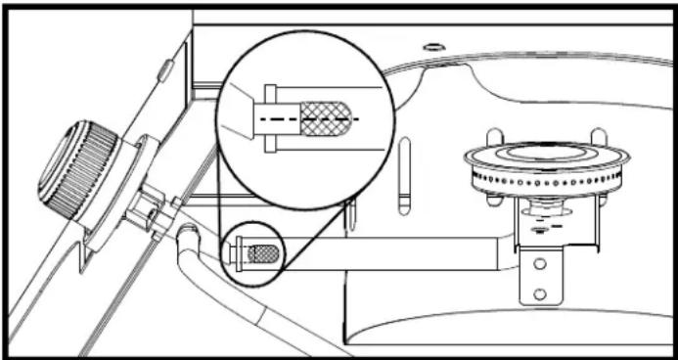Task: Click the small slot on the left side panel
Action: (x=164, y=70)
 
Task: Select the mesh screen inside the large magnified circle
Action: (x=326, y=117)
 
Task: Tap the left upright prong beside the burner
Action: (x=494, y=137)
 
